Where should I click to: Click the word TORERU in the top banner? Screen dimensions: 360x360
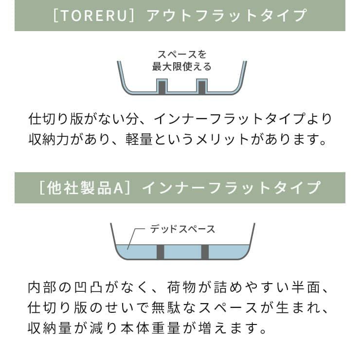coord(94,15)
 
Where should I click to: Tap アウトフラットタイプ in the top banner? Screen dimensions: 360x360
coord(227,15)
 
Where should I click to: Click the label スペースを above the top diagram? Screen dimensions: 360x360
coord(182,54)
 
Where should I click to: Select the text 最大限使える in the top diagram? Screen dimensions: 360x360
coord(181,67)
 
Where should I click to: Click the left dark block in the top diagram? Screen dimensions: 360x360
coord(162,87)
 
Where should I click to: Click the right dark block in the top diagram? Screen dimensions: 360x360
coord(202,87)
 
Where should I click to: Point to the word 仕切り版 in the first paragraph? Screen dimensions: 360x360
coord(56,119)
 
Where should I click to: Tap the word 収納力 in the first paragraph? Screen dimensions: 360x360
coord(49,139)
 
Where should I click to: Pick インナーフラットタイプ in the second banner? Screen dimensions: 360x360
coord(231,188)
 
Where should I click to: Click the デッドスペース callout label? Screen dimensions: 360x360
coord(182,229)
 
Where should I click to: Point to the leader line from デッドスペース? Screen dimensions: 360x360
coord(136,239)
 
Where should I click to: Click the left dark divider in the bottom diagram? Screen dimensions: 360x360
coord(160,252)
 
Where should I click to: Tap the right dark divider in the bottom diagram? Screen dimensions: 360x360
coord(205,252)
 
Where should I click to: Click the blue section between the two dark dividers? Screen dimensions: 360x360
coord(182,252)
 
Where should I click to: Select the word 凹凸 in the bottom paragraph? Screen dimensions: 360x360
coord(89,288)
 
